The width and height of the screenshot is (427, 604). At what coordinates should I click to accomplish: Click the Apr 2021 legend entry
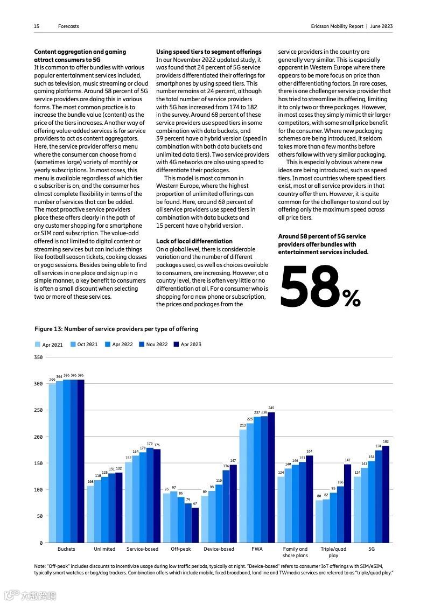tap(49, 345)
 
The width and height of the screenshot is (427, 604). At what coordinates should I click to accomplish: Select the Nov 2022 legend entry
tap(153, 345)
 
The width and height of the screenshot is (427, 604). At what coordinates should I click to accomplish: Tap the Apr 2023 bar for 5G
tap(386, 494)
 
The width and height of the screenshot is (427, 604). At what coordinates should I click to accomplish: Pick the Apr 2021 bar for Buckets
tap(52, 463)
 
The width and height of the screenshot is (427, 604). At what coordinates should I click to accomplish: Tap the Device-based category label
tap(219, 549)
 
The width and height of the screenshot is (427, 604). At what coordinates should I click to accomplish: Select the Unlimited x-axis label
tap(104, 549)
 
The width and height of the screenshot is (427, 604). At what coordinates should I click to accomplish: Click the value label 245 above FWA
tap(271, 408)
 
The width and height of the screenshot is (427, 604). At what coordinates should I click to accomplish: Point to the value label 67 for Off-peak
tap(195, 503)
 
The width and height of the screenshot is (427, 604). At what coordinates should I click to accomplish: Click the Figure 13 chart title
tap(116, 329)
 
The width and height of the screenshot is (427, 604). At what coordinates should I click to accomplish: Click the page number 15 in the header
tap(37, 26)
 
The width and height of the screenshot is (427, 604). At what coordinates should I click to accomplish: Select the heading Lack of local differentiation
tap(194, 241)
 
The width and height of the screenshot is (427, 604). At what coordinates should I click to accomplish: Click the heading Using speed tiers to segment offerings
tap(208, 52)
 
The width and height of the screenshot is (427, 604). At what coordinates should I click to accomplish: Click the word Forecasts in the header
tap(68, 26)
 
